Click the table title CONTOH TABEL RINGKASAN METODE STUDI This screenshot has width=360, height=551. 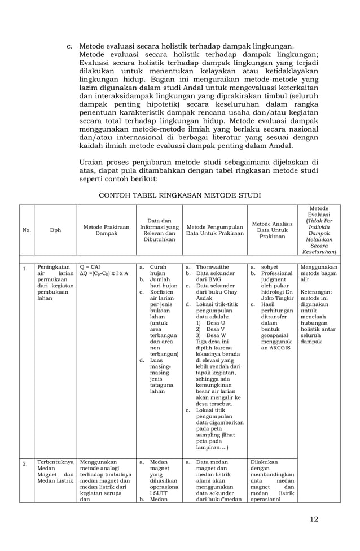179,195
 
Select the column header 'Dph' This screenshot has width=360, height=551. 55,230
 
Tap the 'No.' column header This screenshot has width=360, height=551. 26,230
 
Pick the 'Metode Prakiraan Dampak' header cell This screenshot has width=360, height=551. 106,230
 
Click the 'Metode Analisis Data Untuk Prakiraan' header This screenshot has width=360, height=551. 273,230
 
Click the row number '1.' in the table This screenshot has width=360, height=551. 25,269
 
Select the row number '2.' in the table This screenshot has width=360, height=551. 25,464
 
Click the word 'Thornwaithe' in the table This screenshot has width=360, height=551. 212,266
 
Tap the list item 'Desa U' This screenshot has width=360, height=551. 216,322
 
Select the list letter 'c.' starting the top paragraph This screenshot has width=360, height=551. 69,46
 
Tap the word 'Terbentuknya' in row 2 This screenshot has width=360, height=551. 54,461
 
